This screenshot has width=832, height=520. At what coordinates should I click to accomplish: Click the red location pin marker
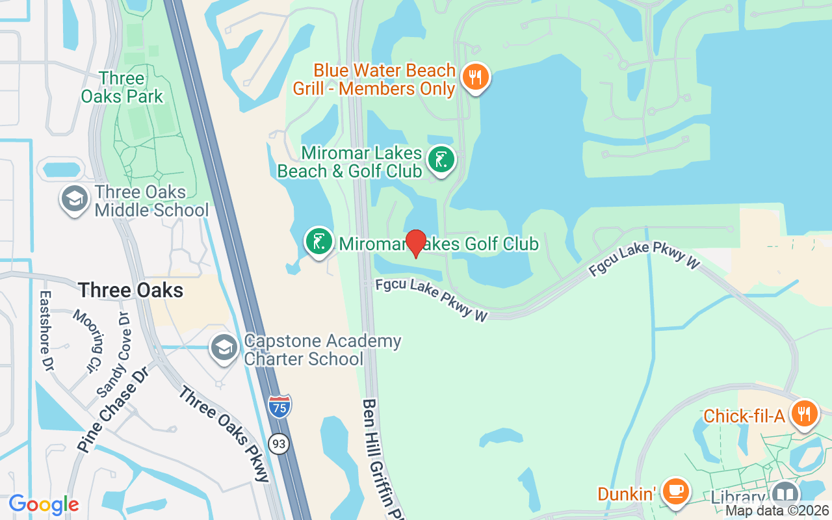click(415, 243)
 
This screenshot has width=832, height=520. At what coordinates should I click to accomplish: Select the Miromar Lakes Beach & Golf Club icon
click(441, 159)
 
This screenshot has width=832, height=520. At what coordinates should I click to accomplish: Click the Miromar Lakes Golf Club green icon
click(318, 241)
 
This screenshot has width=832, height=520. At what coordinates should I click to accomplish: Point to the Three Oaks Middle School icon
click(75, 200)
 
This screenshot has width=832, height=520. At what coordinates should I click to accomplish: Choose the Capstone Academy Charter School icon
click(225, 348)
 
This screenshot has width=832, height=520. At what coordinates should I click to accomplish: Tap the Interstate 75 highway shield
click(279, 406)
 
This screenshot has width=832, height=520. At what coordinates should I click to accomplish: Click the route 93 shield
click(279, 444)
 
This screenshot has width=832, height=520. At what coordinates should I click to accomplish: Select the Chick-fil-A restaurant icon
click(804, 413)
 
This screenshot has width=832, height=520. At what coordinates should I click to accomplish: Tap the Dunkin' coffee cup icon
click(676, 491)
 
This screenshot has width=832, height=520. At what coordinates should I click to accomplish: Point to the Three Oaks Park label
click(122, 88)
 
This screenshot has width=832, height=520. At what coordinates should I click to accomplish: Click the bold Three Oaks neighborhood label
click(131, 290)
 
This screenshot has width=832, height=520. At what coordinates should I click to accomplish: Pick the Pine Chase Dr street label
click(113, 408)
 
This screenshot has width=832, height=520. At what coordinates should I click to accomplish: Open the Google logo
click(44, 504)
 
